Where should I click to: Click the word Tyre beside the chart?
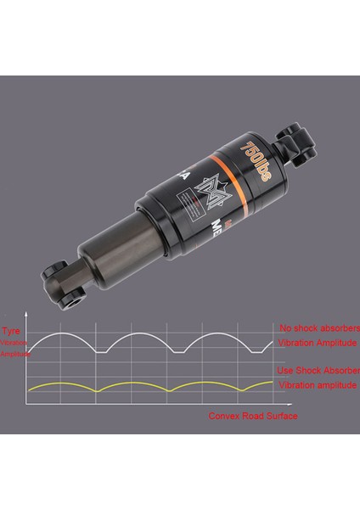tap(11, 331)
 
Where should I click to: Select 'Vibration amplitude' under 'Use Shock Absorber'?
tap(316, 385)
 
